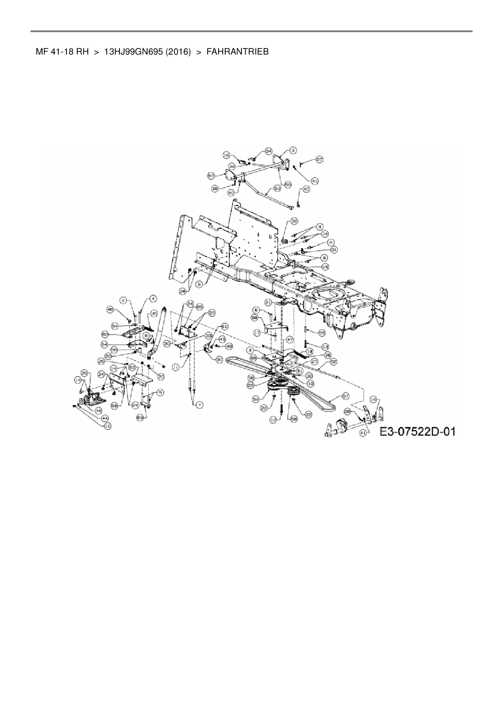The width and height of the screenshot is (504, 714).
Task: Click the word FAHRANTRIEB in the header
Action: tap(237, 52)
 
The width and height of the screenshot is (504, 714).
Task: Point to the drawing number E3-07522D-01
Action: tap(417, 431)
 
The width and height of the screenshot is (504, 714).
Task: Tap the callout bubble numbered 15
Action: tap(325, 267)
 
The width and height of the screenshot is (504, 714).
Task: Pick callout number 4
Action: tap(153, 299)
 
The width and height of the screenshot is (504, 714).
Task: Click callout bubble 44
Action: tap(105, 418)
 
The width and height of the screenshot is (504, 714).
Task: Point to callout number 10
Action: tap(108, 426)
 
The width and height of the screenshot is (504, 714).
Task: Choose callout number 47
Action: tap(289, 339)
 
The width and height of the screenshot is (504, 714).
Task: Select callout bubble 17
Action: tap(257, 333)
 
